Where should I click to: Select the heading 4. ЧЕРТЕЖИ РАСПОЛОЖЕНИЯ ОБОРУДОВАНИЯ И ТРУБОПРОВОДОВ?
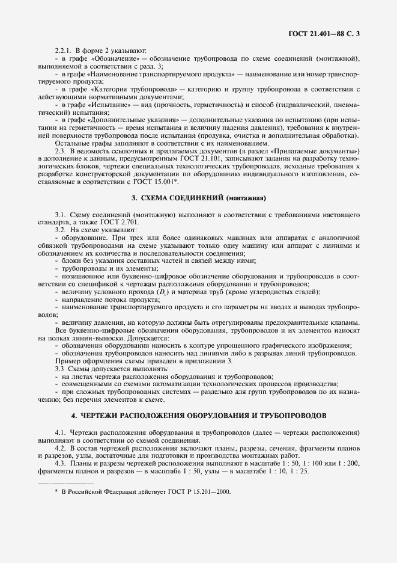click(x=198, y=416)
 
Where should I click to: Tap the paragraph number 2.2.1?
click(x=63, y=51)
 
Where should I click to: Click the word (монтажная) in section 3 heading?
click(x=246, y=214)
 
